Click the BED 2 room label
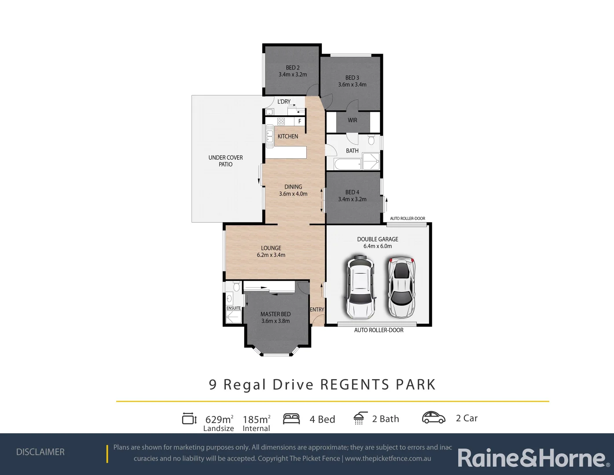click(x=293, y=68)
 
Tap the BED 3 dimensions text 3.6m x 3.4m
click(x=352, y=84)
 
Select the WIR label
click(x=353, y=120)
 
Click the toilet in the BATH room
click(x=371, y=140)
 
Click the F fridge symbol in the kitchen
click(x=300, y=121)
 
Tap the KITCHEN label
click(x=288, y=136)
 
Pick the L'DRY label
click(x=284, y=102)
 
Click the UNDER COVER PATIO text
click(x=225, y=161)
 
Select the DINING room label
click(x=293, y=187)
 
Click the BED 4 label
click(x=352, y=192)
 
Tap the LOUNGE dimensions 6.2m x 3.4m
click(x=271, y=255)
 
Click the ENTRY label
click(x=317, y=310)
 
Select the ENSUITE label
click(x=234, y=308)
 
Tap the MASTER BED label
click(x=276, y=314)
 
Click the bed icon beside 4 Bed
click(x=291, y=419)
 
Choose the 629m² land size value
click(x=219, y=419)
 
